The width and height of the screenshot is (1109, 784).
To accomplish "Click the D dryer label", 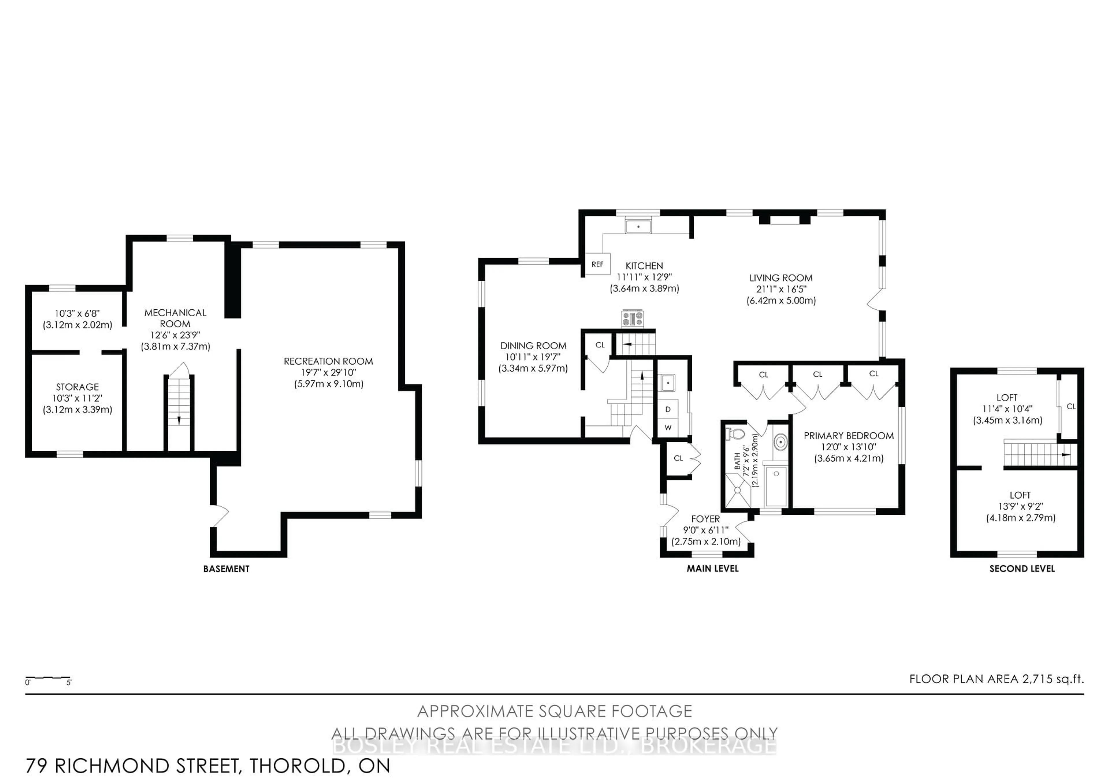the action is click(668, 409).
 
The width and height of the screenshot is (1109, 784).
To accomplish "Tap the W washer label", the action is click(668, 428).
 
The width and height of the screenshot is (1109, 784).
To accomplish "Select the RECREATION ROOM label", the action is click(328, 361).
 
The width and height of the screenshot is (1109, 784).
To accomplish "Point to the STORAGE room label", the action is click(77, 387).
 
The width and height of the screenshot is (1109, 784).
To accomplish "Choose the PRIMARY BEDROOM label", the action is click(849, 436).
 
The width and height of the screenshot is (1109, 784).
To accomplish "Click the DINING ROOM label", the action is click(533, 346).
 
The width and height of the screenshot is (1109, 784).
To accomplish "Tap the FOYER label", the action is click(706, 519).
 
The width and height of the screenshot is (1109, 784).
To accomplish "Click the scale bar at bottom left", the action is click(48, 678).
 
